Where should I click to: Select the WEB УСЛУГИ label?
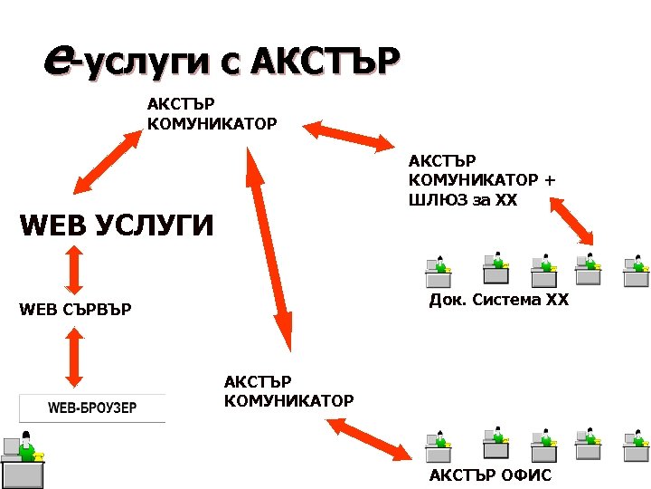(x=117, y=224)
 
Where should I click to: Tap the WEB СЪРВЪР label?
(x=75, y=311)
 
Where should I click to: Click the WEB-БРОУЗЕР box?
(x=92, y=407)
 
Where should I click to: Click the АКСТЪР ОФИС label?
(x=490, y=475)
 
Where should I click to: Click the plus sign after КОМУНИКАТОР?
(x=549, y=179)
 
